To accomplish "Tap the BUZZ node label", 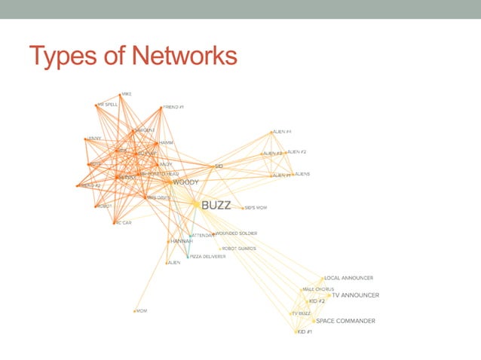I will click(x=216, y=204).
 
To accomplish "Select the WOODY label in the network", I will click(x=185, y=182).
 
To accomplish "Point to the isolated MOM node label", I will click(x=141, y=310).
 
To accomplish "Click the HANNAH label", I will click(x=182, y=241).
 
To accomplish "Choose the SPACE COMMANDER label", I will click(x=345, y=321).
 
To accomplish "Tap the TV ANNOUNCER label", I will click(x=355, y=295).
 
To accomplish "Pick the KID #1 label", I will click(x=305, y=331).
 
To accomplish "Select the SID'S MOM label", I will click(x=256, y=208).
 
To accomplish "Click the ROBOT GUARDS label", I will click(x=238, y=249).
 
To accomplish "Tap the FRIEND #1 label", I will click(x=173, y=107).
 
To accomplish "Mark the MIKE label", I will click(x=126, y=94).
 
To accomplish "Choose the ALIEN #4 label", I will click(x=282, y=132).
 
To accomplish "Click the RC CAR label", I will click(x=124, y=223).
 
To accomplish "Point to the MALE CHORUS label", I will click(x=318, y=289).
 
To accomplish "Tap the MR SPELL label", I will click(x=108, y=105).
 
